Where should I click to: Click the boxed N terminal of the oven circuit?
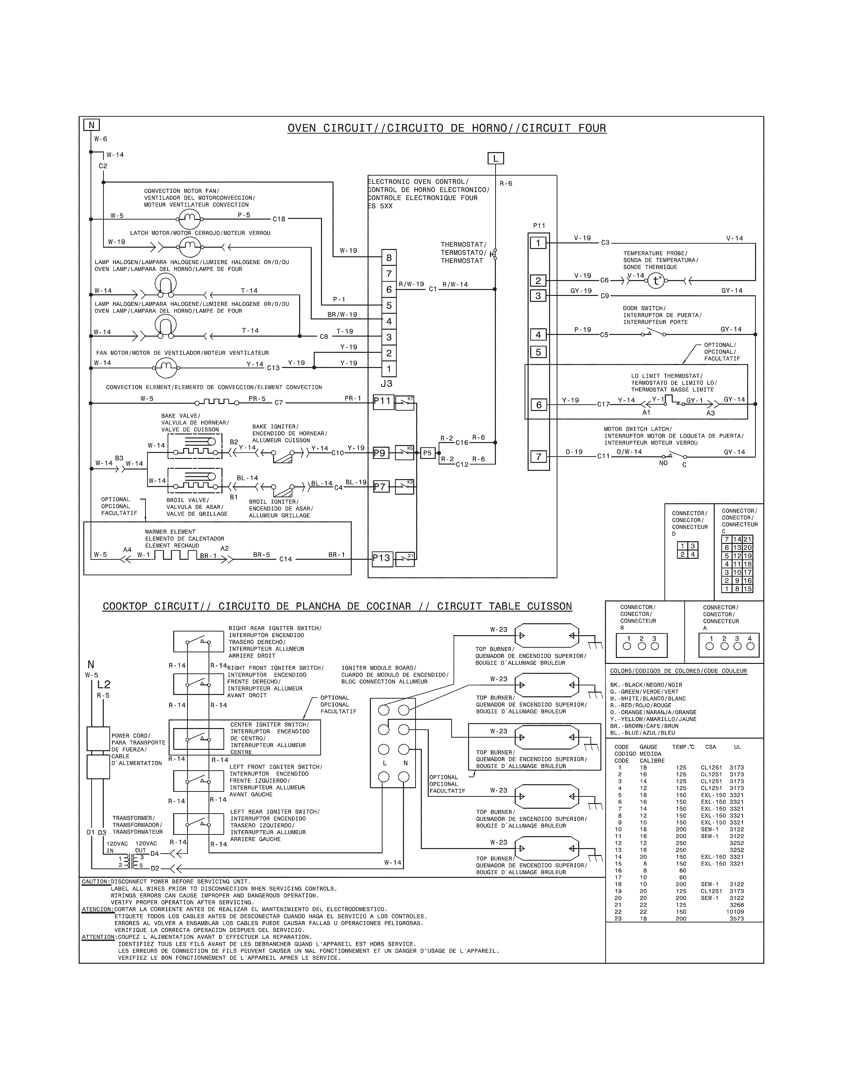pos(91,125)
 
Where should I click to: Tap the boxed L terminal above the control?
pos(496,159)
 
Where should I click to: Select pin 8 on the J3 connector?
pos(389,258)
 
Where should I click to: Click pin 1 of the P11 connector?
pos(538,243)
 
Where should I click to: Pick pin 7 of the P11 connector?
pos(538,457)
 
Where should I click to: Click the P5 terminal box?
pos(427,453)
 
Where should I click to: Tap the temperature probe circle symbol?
pos(656,281)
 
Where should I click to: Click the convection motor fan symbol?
pos(189,218)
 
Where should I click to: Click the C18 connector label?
pos(279,219)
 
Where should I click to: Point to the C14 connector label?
pos(285,559)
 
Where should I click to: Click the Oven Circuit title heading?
pos(447,128)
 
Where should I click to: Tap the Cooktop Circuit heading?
pos(337,606)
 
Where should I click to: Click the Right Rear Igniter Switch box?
pos(198,641)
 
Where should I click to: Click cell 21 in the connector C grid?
pos(747,539)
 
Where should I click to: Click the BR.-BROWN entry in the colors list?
pos(642,726)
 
